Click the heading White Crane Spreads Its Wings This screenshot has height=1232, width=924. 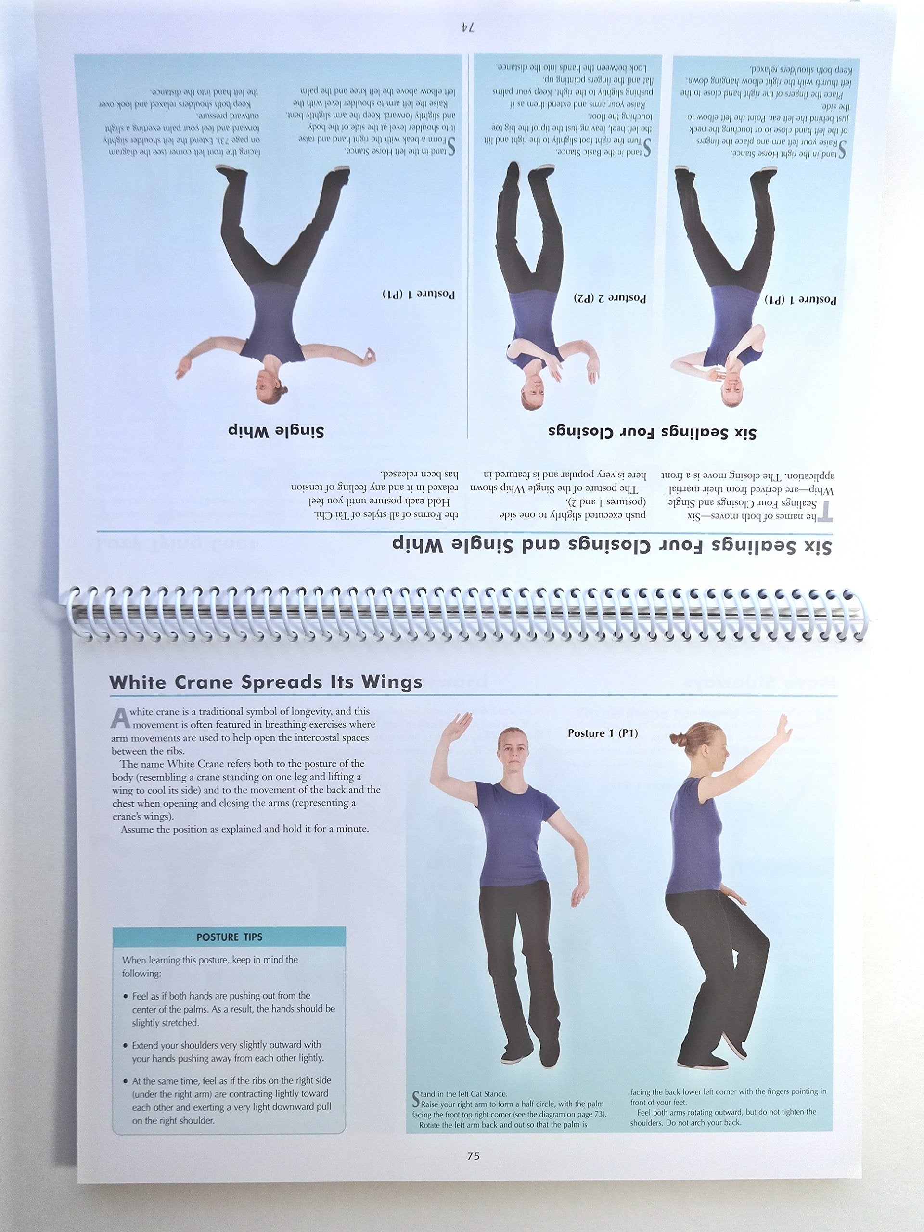(x=265, y=683)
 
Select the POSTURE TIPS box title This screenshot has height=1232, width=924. (x=229, y=937)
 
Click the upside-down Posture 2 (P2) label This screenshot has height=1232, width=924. (x=610, y=298)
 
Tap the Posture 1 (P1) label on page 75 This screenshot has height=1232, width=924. (x=603, y=733)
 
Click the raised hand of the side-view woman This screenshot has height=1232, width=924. (x=783, y=728)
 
